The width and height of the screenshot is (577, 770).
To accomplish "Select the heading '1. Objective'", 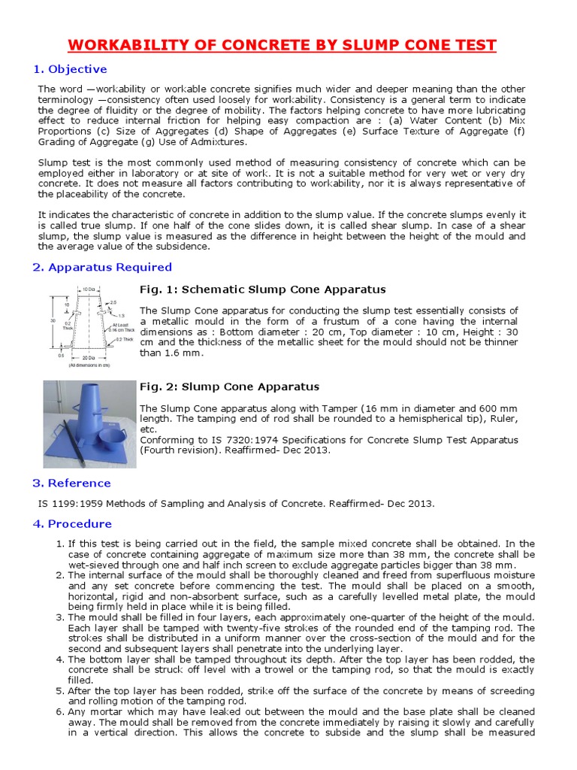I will coord(70,69).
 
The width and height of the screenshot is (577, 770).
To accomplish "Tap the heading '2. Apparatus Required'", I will coord(102,267).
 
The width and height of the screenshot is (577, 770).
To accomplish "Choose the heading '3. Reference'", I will coord(72,483).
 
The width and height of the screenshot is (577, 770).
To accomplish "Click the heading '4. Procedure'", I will coord(72,523).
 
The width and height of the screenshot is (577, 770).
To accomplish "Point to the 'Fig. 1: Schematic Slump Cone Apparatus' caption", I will coord(263,290).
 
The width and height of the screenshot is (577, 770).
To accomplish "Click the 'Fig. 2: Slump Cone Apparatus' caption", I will coord(230,387).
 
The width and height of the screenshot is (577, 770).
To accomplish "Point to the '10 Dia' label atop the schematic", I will coord(89,289).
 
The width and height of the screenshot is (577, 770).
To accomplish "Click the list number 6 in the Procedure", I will coord(60,711).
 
